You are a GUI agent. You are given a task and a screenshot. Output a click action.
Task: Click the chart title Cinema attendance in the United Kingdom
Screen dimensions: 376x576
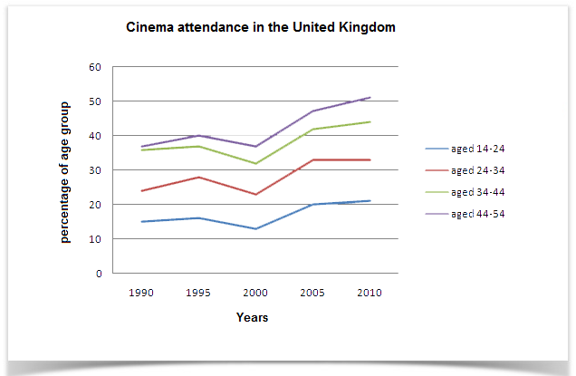[260, 28]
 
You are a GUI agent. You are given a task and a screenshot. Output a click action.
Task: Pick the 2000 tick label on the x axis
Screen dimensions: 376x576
[254, 293]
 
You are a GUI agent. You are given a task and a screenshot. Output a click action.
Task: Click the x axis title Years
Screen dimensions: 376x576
[252, 318]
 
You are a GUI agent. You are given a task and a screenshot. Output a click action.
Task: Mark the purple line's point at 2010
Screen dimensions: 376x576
[370, 98]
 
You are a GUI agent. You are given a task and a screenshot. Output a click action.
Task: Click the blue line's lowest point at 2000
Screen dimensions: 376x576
[254, 228]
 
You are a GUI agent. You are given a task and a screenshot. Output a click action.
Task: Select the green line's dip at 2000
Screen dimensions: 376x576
[254, 163]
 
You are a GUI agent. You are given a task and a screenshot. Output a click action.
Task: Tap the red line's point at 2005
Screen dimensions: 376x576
[312, 159]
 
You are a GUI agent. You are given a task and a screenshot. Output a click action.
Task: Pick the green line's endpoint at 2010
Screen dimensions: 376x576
[370, 121]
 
